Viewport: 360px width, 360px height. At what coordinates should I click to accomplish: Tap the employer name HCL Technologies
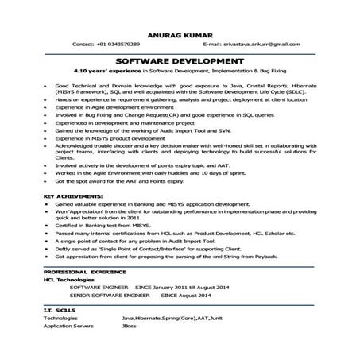pos(70,279)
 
